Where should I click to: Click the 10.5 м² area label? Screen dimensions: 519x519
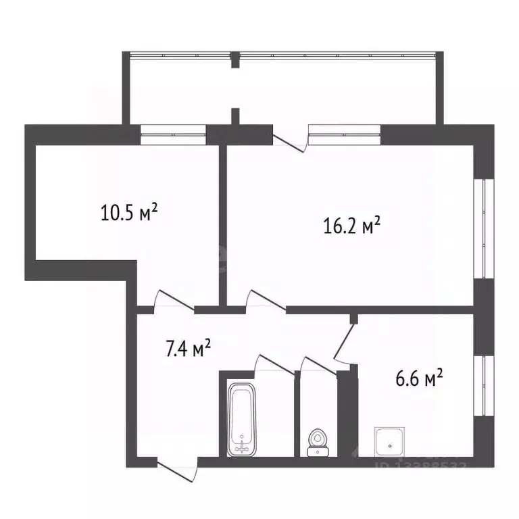point(130,214)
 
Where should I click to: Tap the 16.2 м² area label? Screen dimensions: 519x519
point(352,225)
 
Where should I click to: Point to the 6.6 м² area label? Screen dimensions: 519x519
point(419,379)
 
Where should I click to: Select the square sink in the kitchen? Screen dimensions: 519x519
point(389,442)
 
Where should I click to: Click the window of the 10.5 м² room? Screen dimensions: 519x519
point(172,134)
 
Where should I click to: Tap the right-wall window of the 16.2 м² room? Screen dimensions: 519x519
point(481,228)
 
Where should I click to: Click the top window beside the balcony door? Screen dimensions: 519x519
point(345,134)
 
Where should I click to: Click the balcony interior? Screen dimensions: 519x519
point(284,88)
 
